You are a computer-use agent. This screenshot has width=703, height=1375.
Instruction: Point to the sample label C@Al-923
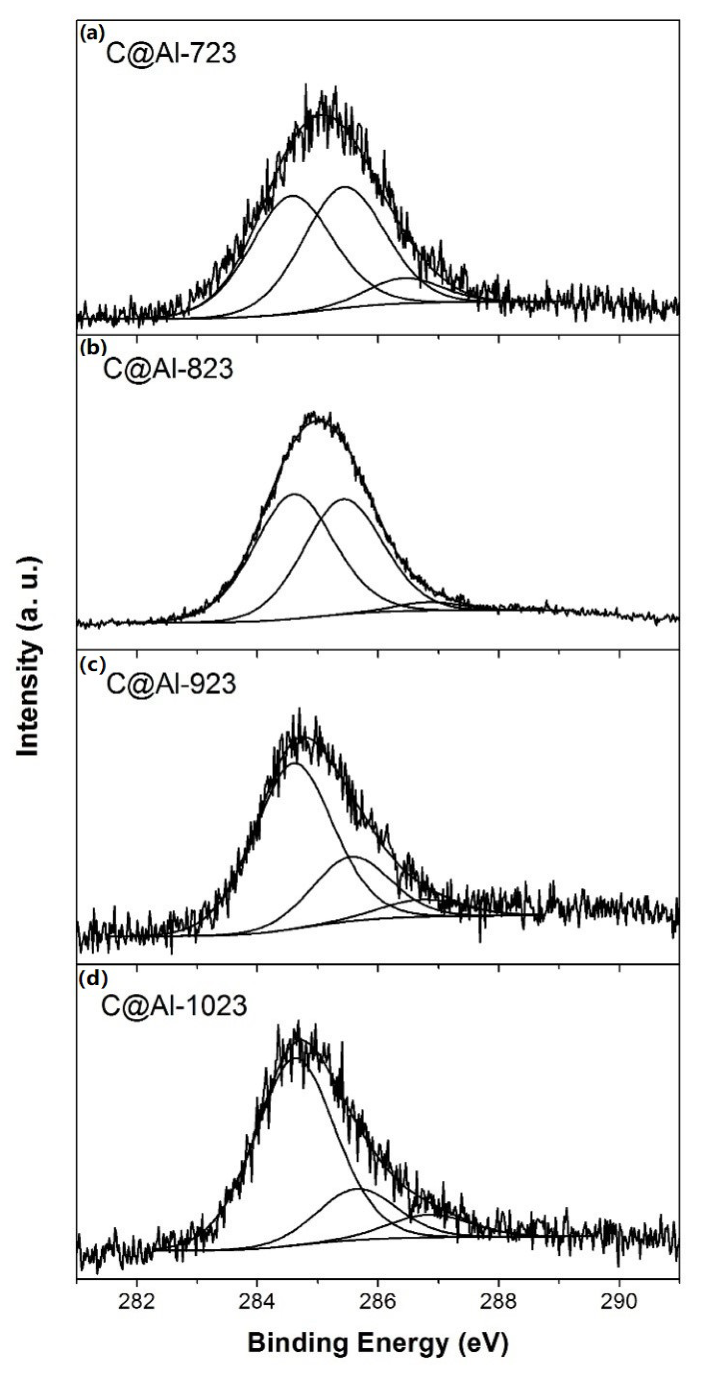[171, 683]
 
